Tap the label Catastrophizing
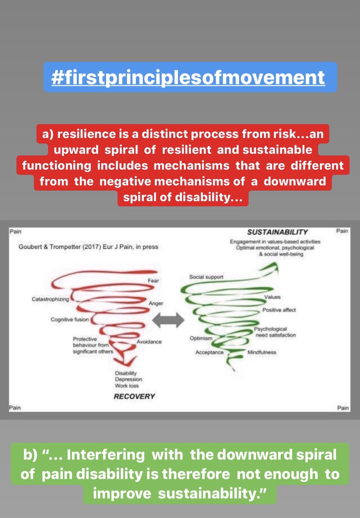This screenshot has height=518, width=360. tap(50, 299)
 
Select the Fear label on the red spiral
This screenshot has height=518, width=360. tap(153, 281)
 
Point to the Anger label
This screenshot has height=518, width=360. tap(156, 303)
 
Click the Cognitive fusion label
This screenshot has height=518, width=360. tap(70, 319)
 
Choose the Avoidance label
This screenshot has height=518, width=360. tap(149, 342)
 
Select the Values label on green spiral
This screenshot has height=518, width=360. tap(272, 297)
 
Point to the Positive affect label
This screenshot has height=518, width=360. tap(279, 310)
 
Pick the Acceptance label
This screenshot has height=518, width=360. tap(209, 353)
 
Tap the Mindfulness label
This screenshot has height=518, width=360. tap(262, 353)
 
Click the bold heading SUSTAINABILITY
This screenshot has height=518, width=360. tap(272, 232)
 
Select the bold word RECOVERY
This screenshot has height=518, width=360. tap(134, 396)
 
